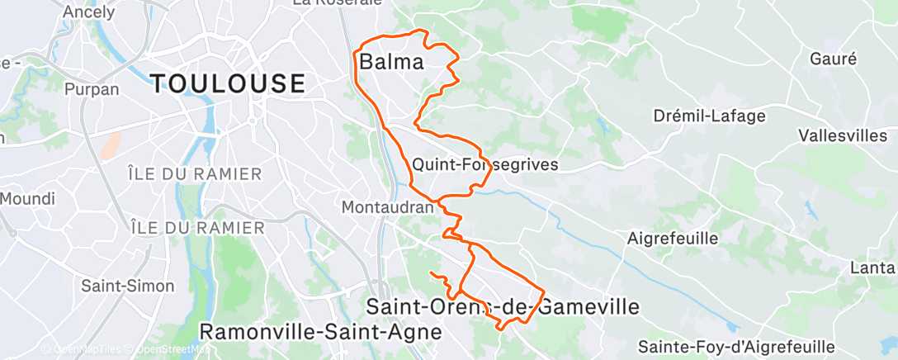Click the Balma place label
pyautogui.click(x=391, y=62)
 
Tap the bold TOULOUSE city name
pyautogui.click(x=228, y=83)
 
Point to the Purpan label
pyautogui.click(x=92, y=89)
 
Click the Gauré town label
pyautogui.click(x=833, y=59)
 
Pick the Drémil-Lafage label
pyautogui.click(x=710, y=116)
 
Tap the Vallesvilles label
pyautogui.click(x=843, y=136)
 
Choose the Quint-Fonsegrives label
pyautogui.click(x=485, y=164)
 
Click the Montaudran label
pyautogui.click(x=387, y=207)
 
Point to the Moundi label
pyautogui.click(x=27, y=199)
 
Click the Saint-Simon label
pyautogui.click(x=128, y=286)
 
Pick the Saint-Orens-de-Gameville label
pyautogui.click(x=502, y=307)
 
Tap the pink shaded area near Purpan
pyautogui.click(x=110, y=147)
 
